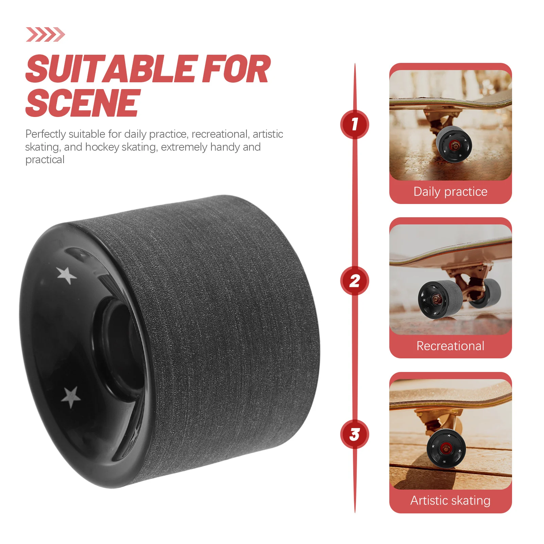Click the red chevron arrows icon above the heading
click(x=45, y=34)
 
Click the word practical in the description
click(x=45, y=159)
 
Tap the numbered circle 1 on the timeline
click(x=355, y=124)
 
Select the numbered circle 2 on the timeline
click(x=355, y=281)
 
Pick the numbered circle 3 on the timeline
click(x=355, y=435)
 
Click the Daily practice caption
click(x=450, y=192)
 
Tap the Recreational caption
click(x=450, y=346)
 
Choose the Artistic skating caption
click(x=450, y=500)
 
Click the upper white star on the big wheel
click(x=66, y=275)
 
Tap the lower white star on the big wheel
click(x=71, y=396)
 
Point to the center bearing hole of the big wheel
click(x=117, y=347)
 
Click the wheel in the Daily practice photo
click(x=454, y=144)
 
